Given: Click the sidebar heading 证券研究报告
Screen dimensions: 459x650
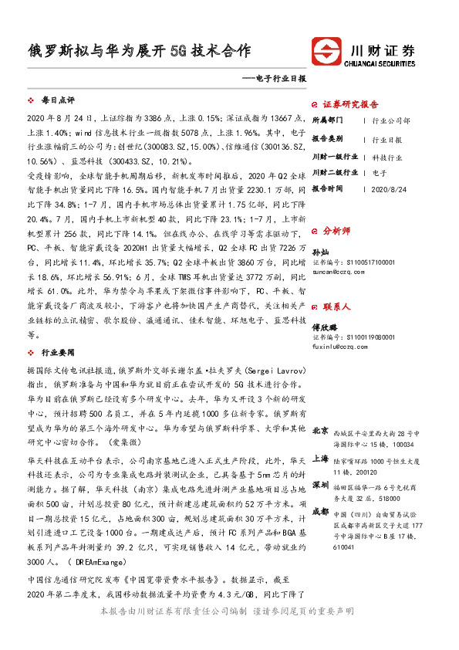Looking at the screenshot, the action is click(350, 104).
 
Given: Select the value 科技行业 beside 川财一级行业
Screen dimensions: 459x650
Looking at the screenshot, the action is click(387, 157).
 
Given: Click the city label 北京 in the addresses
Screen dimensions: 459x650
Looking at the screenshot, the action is click(320, 429).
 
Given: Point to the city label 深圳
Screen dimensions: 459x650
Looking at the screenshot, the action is click(320, 485).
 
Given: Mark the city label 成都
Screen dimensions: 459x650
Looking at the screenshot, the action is click(320, 511).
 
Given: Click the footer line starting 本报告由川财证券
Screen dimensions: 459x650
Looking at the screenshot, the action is click(228, 611).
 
